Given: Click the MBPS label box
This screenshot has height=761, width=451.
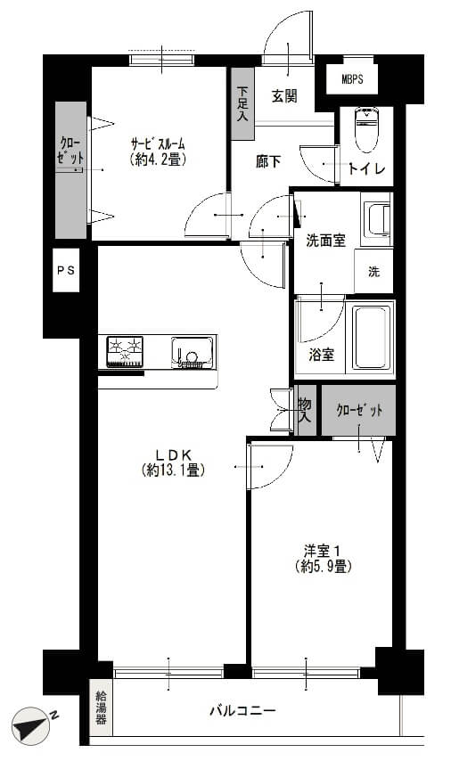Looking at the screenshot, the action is click(x=351, y=78).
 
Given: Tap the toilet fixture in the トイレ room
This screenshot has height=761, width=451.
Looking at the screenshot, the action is click(x=366, y=129).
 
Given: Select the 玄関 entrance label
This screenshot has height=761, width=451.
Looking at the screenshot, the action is click(x=284, y=96).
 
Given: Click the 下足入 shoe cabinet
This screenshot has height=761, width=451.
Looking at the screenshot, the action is click(x=242, y=103).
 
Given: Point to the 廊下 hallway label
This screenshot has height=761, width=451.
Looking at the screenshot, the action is click(x=268, y=161).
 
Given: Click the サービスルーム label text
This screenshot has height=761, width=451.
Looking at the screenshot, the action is click(x=159, y=143).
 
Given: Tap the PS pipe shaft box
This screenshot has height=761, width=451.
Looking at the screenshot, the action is click(x=66, y=270).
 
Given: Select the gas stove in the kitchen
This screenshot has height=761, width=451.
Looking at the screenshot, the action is click(x=125, y=351).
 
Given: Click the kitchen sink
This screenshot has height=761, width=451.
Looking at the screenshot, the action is click(x=192, y=352).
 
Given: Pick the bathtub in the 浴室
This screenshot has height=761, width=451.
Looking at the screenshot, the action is click(x=372, y=338).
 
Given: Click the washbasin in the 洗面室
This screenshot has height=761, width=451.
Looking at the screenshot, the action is click(x=377, y=220).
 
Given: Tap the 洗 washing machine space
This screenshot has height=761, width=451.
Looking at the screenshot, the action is click(x=373, y=271).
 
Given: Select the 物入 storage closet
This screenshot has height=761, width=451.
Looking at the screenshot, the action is click(x=305, y=410).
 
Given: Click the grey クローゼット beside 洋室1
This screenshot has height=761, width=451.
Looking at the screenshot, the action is click(x=359, y=411).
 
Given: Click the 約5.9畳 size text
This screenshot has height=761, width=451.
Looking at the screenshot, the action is click(x=323, y=566).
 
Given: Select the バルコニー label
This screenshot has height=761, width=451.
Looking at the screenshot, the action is click(x=242, y=711).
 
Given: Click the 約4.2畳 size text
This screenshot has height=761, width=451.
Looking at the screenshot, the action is click(x=159, y=159).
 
